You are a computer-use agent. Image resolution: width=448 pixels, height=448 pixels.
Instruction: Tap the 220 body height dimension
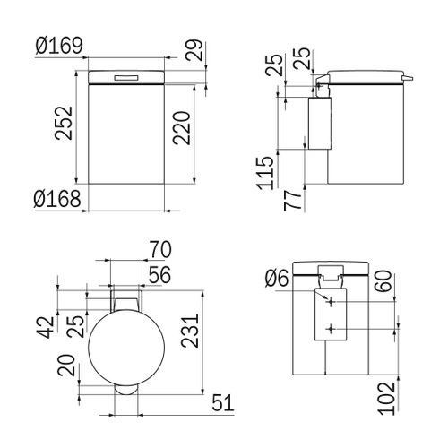tap(182, 134)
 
